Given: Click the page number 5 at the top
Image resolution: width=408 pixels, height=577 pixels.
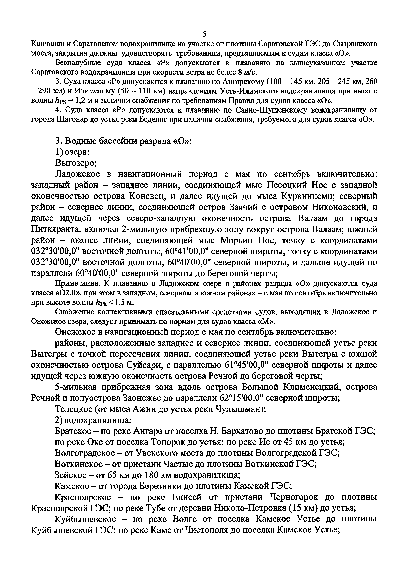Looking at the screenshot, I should pos(204,34).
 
